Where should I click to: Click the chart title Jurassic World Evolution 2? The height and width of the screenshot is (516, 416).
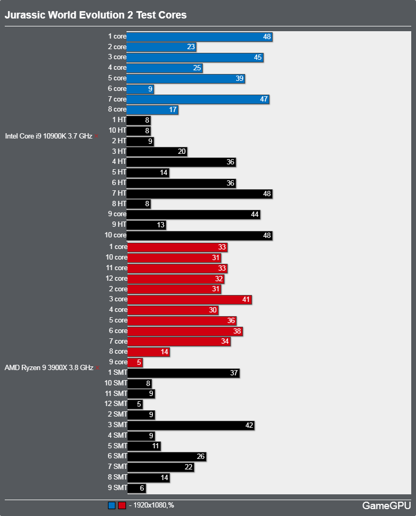tap(95, 15)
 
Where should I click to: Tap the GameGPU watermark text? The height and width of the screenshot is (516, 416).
tap(386, 505)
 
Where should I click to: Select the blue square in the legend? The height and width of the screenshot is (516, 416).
tap(111, 505)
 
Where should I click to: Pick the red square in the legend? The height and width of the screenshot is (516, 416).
tap(122, 505)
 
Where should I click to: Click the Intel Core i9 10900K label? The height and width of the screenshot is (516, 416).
tap(49, 136)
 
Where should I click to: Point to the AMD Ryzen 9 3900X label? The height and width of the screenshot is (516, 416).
tap(49, 367)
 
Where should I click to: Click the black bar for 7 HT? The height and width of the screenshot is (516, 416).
tap(200, 194)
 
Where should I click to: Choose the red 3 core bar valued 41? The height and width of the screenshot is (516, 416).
tap(189, 300)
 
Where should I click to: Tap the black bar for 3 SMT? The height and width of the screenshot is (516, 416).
tap(191, 426)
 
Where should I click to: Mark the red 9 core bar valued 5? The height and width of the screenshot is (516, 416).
tap(135, 362)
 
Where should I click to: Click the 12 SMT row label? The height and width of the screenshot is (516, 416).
tap(115, 404)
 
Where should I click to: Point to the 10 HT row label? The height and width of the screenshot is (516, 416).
tap(117, 130)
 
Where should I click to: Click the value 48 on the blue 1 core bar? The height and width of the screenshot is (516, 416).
tap(267, 37)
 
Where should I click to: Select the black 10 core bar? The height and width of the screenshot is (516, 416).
tap(200, 236)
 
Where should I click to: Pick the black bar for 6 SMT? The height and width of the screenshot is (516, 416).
tap(167, 457)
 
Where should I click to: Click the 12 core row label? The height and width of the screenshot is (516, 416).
tap(116, 279)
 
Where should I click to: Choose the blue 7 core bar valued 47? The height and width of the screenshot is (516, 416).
tap(198, 99)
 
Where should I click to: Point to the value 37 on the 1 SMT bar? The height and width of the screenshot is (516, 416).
tap(234, 373)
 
